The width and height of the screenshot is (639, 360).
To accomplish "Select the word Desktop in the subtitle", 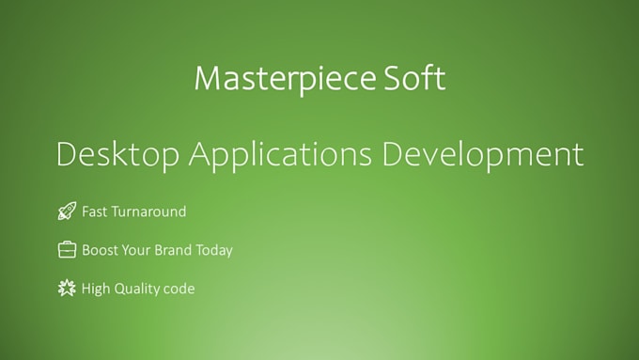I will [x=117, y=154].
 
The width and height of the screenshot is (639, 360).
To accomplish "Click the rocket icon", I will [x=66, y=212].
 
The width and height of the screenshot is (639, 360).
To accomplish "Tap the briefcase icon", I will [x=67, y=250].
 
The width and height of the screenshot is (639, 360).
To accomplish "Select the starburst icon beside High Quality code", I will [x=66, y=289].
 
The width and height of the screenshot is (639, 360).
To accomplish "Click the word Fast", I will [x=94, y=212].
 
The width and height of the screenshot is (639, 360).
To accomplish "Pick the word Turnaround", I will [x=148, y=212].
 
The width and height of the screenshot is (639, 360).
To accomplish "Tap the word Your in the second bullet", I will [x=137, y=250].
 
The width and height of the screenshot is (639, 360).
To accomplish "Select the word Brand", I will [x=175, y=250].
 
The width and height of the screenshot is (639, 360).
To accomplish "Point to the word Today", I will [x=215, y=250].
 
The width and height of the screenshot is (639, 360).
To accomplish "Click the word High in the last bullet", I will [x=96, y=289].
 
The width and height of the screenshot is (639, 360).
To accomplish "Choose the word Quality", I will [x=137, y=289].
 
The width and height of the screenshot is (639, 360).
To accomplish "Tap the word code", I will [x=179, y=289].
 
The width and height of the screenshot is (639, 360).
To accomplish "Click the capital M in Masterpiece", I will [x=208, y=78].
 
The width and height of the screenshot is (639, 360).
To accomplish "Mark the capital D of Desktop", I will [x=66, y=154].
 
